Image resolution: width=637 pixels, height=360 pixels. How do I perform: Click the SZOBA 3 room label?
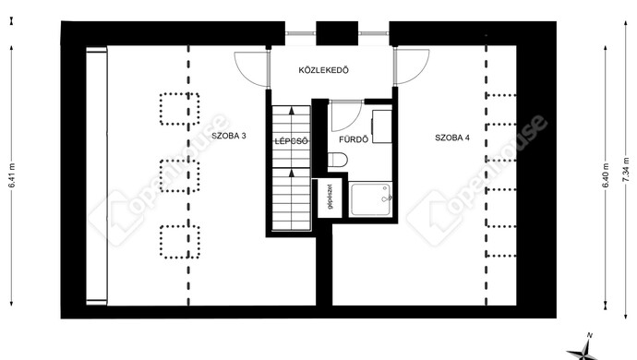(x=229, y=136)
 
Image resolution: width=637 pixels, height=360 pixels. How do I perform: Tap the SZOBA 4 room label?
(x=452, y=138)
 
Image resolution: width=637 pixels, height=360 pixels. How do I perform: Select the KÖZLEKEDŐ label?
(x=323, y=70)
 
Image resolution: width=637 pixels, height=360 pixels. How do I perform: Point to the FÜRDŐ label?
(x=354, y=139)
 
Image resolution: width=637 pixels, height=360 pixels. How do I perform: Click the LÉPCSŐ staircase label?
(x=291, y=141)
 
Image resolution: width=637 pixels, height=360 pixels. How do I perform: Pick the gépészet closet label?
(x=330, y=197)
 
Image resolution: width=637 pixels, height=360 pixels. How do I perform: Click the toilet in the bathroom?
(x=337, y=160)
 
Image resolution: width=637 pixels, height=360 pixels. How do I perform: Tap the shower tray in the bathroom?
(x=370, y=199)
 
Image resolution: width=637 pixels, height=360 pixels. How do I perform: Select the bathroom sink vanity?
(x=382, y=126)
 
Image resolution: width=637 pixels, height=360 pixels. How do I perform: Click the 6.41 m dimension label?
(x=12, y=175)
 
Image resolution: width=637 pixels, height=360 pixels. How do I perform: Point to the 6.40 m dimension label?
(x=606, y=175)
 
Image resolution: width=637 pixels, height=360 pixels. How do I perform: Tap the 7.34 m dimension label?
(x=626, y=170)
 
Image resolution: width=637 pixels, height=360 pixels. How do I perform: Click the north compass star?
(x=585, y=350)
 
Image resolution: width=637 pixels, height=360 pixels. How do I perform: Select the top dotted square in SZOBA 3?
(x=179, y=109)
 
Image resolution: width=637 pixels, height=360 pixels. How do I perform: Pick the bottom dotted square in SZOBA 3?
(x=179, y=242)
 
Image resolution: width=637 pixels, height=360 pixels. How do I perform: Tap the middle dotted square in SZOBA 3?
(x=179, y=176)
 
